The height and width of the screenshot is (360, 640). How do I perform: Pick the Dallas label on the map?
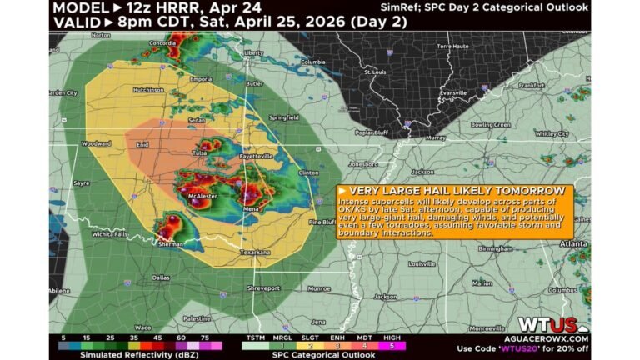162,277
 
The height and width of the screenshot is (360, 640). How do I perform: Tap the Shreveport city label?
263,288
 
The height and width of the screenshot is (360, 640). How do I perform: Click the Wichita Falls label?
110,234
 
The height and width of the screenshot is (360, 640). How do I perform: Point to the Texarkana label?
254,251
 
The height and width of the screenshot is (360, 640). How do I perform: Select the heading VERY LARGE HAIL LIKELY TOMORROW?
453,190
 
